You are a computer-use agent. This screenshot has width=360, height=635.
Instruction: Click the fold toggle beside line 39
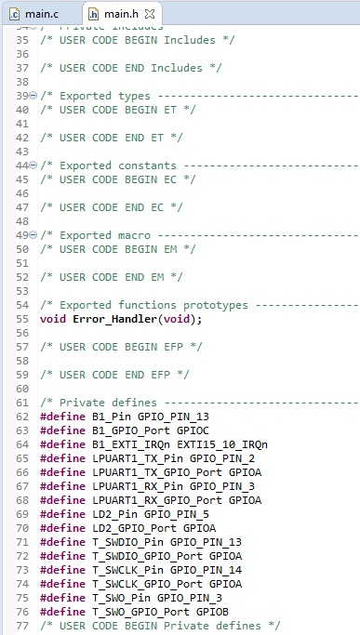pyautogui.click(x=33, y=96)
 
